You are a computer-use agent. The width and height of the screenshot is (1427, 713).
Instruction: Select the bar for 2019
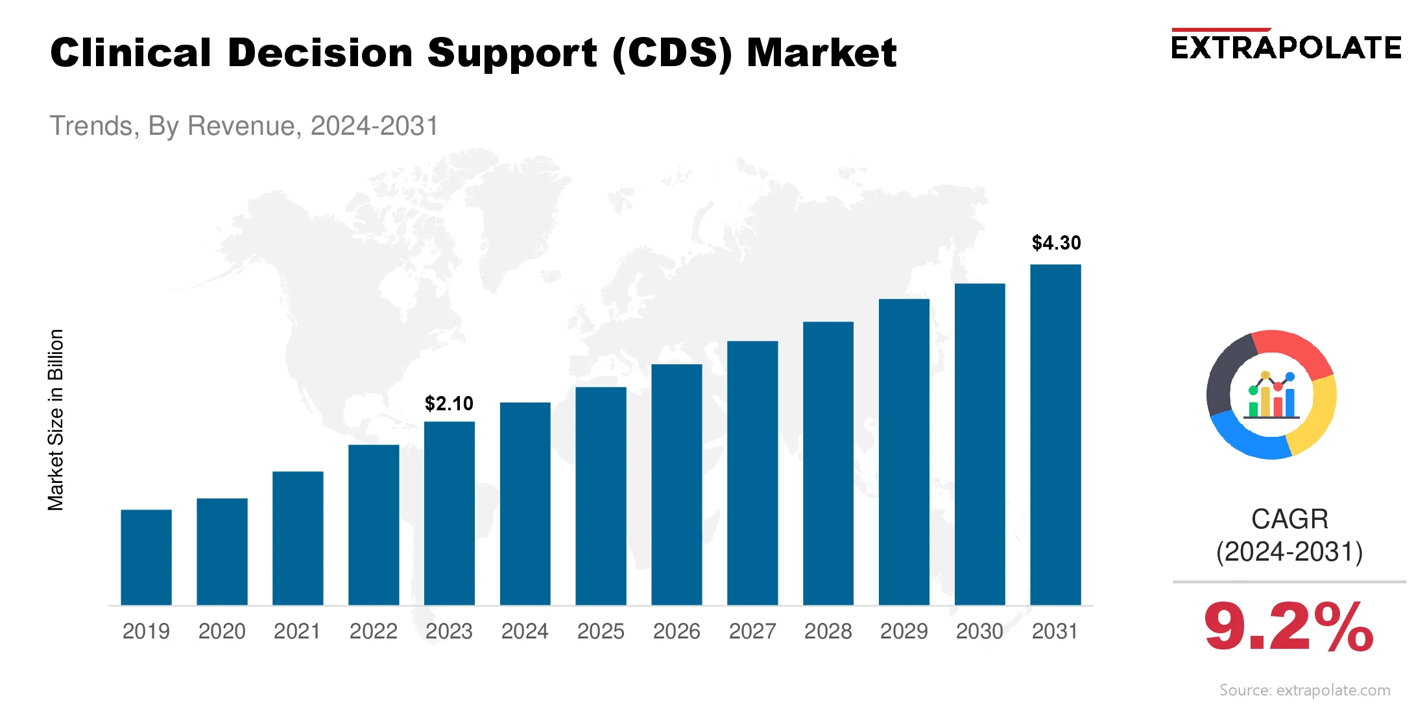146,557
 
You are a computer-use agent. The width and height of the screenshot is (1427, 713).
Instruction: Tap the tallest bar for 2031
1055,434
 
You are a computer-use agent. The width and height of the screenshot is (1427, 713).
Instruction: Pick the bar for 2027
752,473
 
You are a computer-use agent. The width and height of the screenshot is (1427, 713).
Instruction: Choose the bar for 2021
298,538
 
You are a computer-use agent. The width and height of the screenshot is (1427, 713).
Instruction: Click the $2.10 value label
449,404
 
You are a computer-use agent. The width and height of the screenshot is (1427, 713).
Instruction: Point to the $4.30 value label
1056,243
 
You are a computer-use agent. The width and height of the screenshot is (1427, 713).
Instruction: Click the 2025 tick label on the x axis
601,631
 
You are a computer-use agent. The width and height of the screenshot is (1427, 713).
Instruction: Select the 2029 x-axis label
904,631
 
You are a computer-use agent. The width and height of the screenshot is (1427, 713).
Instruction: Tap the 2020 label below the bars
222,631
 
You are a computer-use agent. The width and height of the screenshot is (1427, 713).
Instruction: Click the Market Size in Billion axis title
56,420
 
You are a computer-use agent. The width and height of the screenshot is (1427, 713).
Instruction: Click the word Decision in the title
320,53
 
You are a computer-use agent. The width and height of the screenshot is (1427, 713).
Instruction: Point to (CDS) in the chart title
672,53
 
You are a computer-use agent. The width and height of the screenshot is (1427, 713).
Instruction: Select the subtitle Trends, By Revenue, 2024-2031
244,126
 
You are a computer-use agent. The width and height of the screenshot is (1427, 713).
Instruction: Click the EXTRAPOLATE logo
1286,47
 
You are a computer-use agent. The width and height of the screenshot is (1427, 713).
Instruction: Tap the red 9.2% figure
1288,627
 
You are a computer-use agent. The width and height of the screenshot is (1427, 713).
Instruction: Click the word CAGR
1289,519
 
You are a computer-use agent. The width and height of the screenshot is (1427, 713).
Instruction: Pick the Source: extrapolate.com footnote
1304,690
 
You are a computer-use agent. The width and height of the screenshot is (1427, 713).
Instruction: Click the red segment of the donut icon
1294,351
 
